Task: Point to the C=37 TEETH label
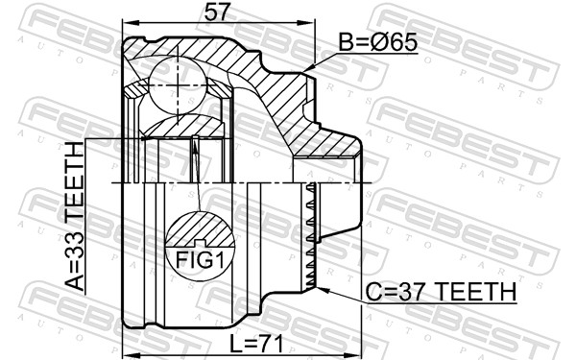(x=442, y=291)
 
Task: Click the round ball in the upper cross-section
(x=179, y=74)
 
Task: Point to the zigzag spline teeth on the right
(x=309, y=235)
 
